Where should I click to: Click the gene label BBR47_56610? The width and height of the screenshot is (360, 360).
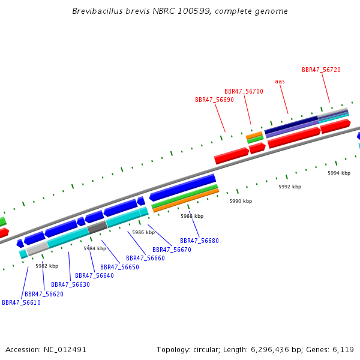coord(21,302)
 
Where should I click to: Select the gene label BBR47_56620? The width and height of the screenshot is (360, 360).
coord(44,294)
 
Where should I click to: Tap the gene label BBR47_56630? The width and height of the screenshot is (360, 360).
coord(70,284)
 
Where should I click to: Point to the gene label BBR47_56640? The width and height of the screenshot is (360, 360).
coord(94,275)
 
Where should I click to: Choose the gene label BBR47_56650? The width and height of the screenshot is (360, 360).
coord(119,267)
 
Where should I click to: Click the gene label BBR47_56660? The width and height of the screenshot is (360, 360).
coord(145,258)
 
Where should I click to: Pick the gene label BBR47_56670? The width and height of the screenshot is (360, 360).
coord(172,250)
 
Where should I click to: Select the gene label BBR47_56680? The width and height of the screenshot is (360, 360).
coord(199,241)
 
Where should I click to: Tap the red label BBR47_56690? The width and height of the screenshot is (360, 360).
coord(214,100)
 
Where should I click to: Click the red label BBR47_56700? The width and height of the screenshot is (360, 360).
coord(244,91)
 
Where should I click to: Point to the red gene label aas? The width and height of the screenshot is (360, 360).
coord(280,81)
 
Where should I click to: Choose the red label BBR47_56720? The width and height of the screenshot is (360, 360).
coord(321,70)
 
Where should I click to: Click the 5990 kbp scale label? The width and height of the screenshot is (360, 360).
coord(241,201)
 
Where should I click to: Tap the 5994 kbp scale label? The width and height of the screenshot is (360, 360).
coord(339,173)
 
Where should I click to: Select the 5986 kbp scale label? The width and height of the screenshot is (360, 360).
coord(143,232)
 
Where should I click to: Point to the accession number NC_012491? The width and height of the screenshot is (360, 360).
coord(65,350)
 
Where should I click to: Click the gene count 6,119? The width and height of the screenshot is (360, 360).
coord(343,350)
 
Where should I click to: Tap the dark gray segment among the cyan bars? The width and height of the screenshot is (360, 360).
coord(98,227)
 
